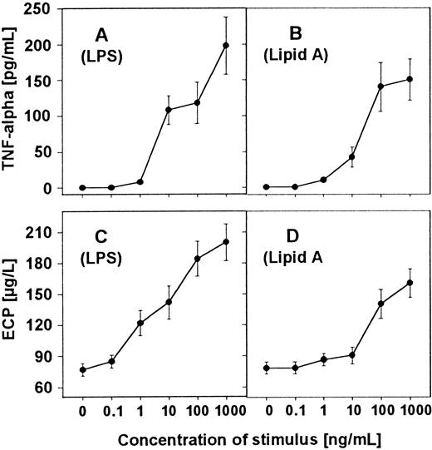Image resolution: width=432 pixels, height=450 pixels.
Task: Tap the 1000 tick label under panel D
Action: click(410, 411)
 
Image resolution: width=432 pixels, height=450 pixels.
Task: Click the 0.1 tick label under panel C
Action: click(111, 411)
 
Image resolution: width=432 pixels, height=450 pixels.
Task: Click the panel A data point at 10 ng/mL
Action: click(169, 110)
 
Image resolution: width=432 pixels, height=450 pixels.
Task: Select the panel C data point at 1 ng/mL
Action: click(140, 324)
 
